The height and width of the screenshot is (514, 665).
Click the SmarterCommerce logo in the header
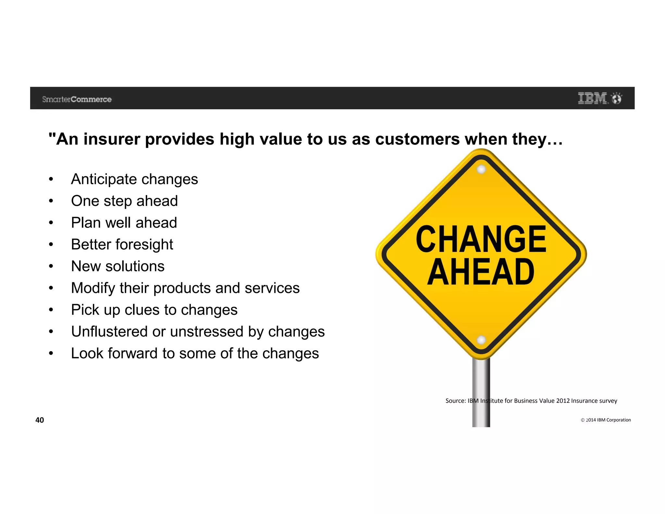tap(77, 99)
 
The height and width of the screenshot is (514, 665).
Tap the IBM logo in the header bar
tap(593, 98)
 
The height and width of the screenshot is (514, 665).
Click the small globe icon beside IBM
tap(617, 98)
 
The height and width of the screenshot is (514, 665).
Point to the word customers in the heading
tap(417, 139)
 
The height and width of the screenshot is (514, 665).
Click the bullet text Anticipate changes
tap(134, 179)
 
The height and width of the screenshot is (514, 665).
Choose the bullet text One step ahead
tap(124, 201)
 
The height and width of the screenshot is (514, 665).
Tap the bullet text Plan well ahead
tap(124, 223)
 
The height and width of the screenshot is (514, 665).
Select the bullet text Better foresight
tap(122, 245)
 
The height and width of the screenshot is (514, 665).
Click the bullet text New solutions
tap(118, 266)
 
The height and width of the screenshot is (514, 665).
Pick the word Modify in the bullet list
tap(93, 288)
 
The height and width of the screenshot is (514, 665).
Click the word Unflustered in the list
tap(109, 332)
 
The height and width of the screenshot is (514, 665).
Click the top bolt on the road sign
tap(481, 169)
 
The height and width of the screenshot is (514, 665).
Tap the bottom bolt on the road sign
tap(481, 340)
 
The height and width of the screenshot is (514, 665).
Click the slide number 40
tap(40, 420)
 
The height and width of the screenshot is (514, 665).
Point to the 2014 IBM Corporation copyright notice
tap(606, 420)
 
